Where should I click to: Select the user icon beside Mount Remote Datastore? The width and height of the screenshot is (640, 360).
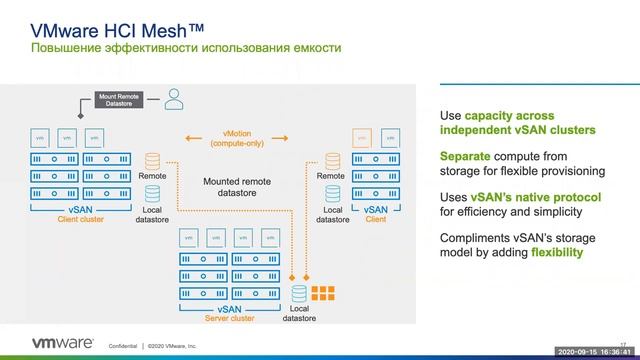coord(175,98)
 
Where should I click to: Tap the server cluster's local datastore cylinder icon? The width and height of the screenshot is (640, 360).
coord(299,293)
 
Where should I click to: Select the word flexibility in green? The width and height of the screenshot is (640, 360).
coord(550,253)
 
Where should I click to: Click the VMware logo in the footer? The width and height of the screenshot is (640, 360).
coord(50,342)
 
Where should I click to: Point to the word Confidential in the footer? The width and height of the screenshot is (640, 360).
coord(123,345)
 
